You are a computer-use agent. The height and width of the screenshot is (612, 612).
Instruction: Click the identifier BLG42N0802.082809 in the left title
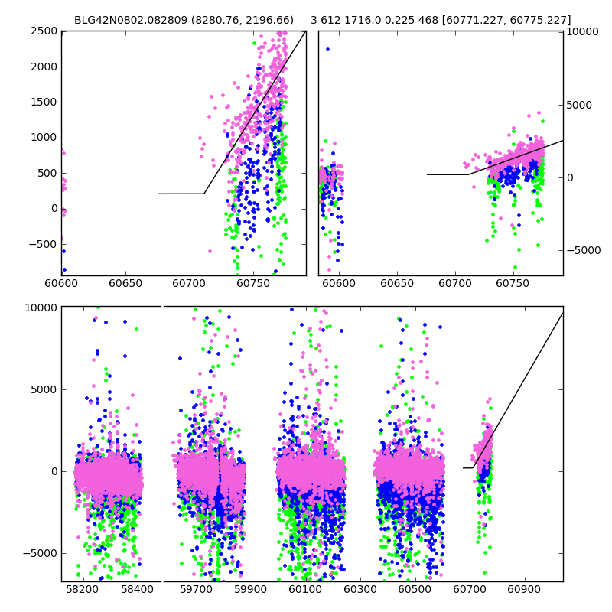(x=122, y=21)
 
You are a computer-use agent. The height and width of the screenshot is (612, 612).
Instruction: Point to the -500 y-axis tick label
(x=44, y=244)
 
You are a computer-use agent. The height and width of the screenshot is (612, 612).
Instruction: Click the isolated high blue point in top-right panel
(x=327, y=49)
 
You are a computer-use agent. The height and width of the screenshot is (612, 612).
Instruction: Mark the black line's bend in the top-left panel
(x=204, y=194)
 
